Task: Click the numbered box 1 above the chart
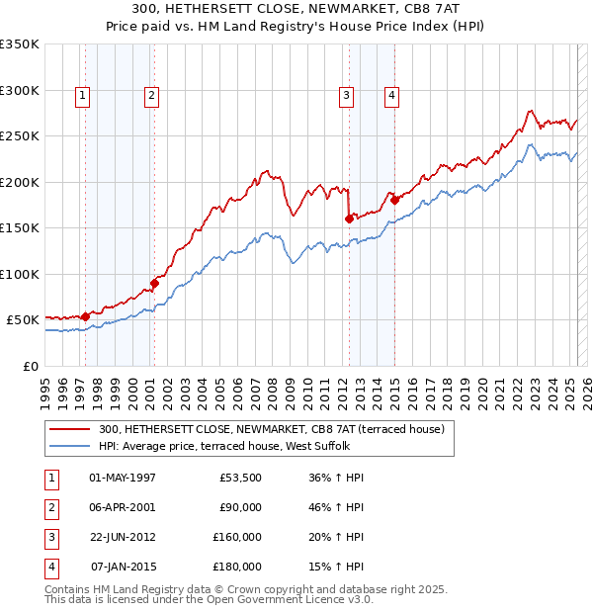coord(81,96)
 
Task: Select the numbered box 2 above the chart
coord(151,96)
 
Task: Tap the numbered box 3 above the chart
coord(347,96)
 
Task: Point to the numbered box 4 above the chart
coord(392,96)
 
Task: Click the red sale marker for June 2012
coord(349,219)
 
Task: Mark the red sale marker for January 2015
coord(395,200)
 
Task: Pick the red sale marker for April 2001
coord(154,284)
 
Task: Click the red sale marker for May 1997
coord(85,317)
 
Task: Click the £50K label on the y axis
coord(23,320)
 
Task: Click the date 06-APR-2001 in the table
coord(123,507)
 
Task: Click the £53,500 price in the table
coord(239,478)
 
